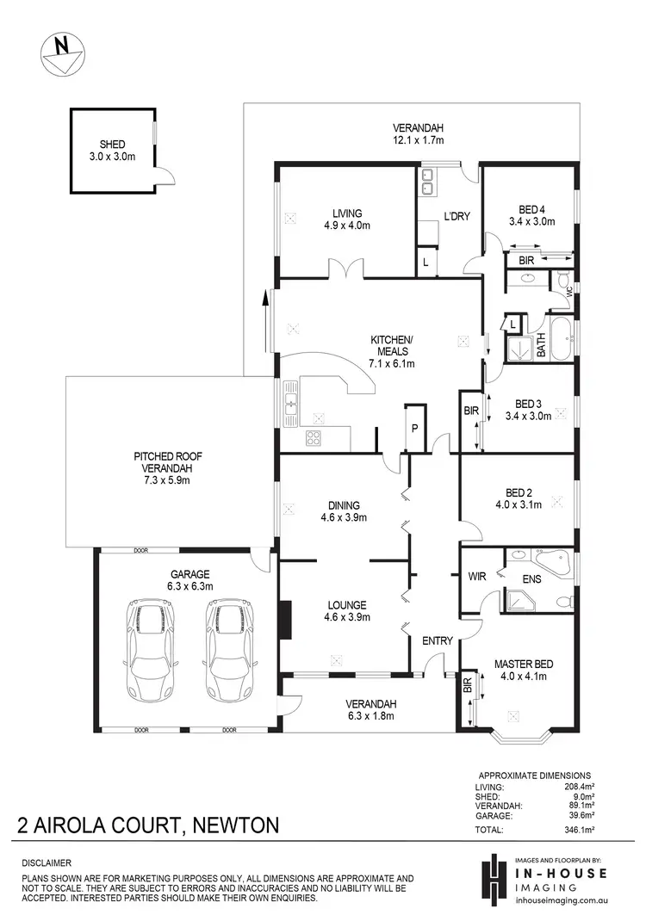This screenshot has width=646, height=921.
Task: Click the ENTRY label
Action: [x=437, y=640]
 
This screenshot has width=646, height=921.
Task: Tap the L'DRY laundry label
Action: [x=457, y=216]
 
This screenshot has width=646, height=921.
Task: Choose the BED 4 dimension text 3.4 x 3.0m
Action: [x=531, y=221]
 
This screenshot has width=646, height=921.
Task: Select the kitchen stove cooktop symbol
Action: [x=312, y=437]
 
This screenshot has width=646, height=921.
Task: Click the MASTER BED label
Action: [x=523, y=664]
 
